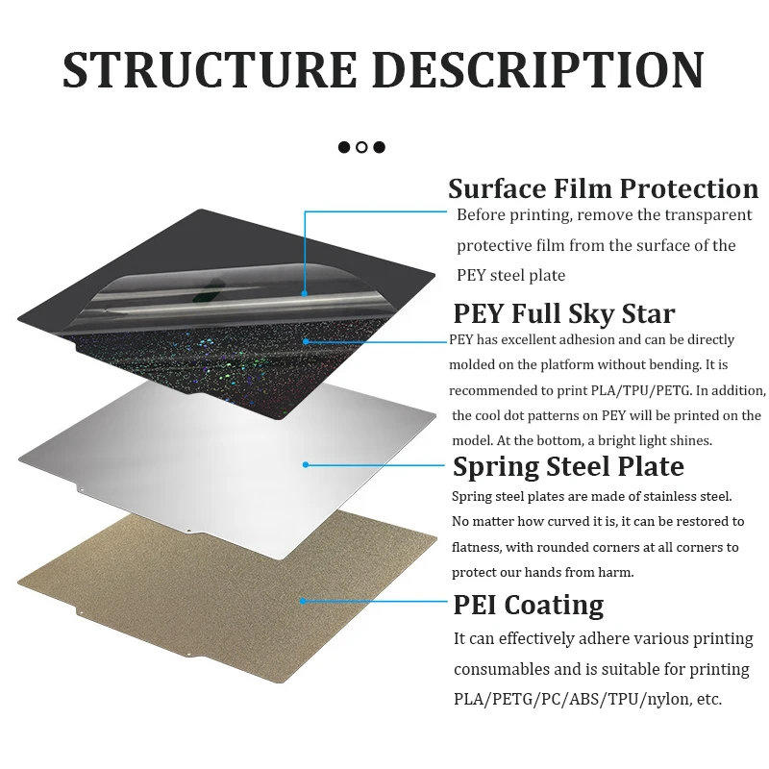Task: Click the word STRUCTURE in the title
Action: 210,69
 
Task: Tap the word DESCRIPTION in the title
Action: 538,69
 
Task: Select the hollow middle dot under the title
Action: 361,147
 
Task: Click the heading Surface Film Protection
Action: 604,188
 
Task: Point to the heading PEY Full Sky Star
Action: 564,313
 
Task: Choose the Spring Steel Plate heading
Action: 568,466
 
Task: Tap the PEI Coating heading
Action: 528,605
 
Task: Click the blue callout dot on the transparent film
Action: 305,293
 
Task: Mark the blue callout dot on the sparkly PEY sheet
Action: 306,341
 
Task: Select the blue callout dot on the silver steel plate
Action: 306,464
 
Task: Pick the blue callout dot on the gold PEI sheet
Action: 303,601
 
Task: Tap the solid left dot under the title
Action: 344,147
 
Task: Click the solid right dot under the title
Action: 379,147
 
